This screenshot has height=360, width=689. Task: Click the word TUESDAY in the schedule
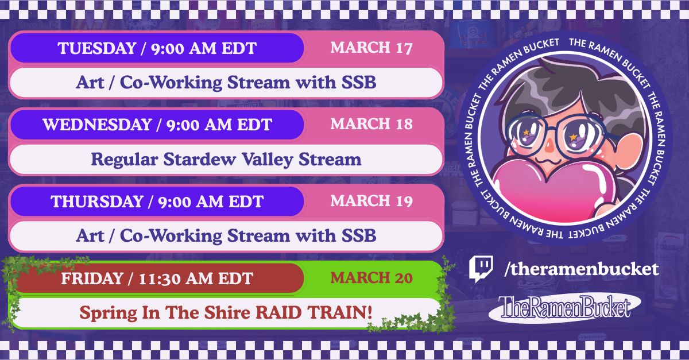97,48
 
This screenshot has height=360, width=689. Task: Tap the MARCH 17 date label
371,48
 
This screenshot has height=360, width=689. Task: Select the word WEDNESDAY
97,125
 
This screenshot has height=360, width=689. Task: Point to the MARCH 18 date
371,124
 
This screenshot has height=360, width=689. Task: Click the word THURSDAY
97,202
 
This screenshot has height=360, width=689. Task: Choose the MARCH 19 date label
371,201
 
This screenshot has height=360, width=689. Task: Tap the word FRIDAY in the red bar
92,278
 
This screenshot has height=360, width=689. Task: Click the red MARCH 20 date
371,278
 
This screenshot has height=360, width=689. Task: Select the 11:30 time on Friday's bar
160,279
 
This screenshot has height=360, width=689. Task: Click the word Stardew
199,160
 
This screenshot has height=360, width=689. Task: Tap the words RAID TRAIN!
314,312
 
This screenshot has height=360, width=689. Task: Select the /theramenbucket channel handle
581,269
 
